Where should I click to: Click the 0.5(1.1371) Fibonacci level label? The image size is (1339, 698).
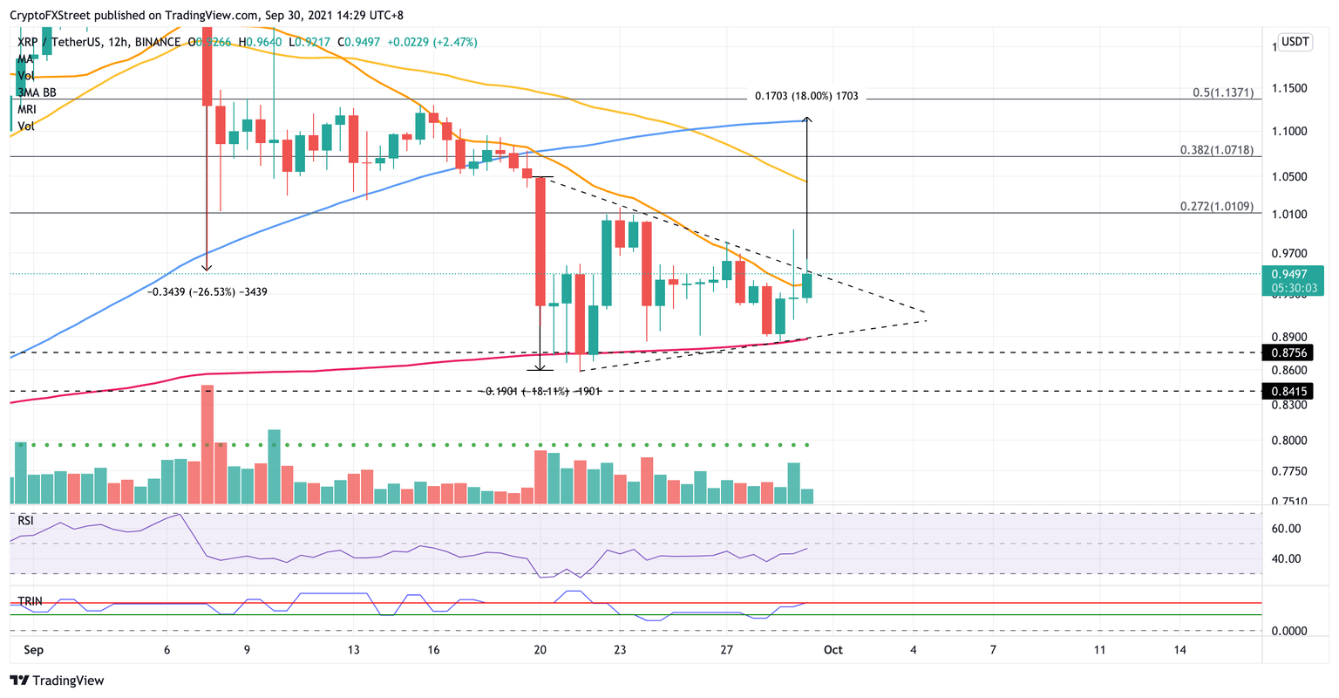pos(1223,92)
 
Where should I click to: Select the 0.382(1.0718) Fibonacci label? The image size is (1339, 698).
pos(1217,150)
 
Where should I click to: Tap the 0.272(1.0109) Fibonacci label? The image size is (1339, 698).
pos(1217,207)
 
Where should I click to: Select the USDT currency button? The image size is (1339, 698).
pos(1295,42)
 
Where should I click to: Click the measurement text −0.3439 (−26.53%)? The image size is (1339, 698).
pos(207,291)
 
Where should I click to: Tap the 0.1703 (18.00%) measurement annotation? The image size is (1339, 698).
pos(806,96)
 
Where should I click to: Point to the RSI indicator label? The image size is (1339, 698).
pos(26,520)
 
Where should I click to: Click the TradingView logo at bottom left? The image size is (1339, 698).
pos(57,681)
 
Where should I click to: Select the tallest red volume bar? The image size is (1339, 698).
pos(207,444)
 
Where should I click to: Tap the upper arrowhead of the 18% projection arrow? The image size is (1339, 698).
pos(807,120)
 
